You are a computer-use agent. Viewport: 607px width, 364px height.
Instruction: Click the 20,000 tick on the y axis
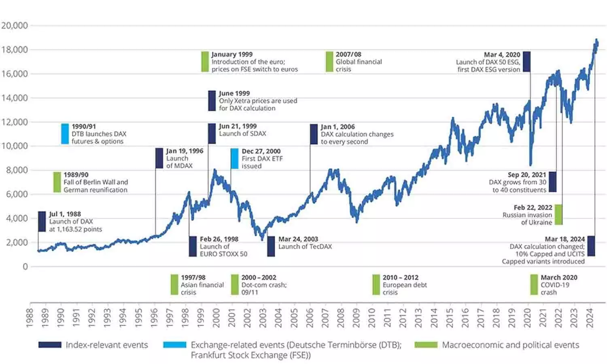pyautogui.click(x=15, y=25)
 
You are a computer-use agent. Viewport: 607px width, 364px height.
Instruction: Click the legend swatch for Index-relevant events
pyautogui.click(x=50, y=345)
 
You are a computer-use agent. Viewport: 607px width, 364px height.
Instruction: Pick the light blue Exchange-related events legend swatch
pyautogui.click(x=174, y=345)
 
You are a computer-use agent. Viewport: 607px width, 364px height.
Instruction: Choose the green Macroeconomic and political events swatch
pyautogui.click(x=426, y=345)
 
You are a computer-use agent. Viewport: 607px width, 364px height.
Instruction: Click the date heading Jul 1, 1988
pyautogui.click(x=65, y=214)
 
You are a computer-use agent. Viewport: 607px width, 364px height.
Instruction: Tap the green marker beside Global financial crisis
pyautogui.click(x=329, y=62)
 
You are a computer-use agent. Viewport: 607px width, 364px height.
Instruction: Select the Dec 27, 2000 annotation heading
pyautogui.click(x=261, y=151)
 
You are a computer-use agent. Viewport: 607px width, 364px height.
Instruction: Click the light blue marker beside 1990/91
pyautogui.click(x=65, y=134)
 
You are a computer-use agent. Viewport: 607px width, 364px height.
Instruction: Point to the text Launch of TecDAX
pyautogui.click(x=305, y=247)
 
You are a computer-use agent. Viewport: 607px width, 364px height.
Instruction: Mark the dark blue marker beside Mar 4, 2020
pyautogui.click(x=526, y=62)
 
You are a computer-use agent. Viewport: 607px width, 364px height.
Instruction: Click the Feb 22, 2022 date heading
pyautogui.click(x=533, y=207)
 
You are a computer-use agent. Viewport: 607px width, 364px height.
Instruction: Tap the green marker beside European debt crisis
pyautogui.click(x=376, y=285)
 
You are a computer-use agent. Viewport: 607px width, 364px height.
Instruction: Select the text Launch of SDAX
pyautogui.click(x=242, y=134)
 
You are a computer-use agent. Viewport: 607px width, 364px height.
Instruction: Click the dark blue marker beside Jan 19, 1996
pyautogui.click(x=159, y=158)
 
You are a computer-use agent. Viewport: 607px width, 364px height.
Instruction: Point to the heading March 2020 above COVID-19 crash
pyautogui.click(x=559, y=277)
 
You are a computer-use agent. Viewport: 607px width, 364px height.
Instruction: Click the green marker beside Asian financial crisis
pyautogui.click(x=174, y=285)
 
